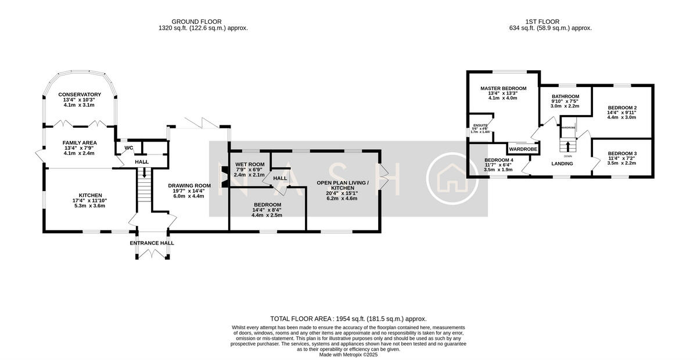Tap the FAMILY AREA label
click(x=80, y=142)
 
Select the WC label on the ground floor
click(x=129, y=148)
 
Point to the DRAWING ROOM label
click(x=189, y=186)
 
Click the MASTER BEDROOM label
click(x=503, y=88)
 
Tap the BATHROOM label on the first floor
click(x=565, y=96)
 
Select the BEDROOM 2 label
click(x=622, y=107)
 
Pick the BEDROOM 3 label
click(x=622, y=153)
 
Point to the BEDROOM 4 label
click(x=499, y=160)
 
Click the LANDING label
click(x=562, y=164)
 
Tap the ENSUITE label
click(x=480, y=125)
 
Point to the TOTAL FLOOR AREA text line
click(x=348, y=319)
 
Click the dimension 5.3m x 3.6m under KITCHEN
click(x=90, y=206)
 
